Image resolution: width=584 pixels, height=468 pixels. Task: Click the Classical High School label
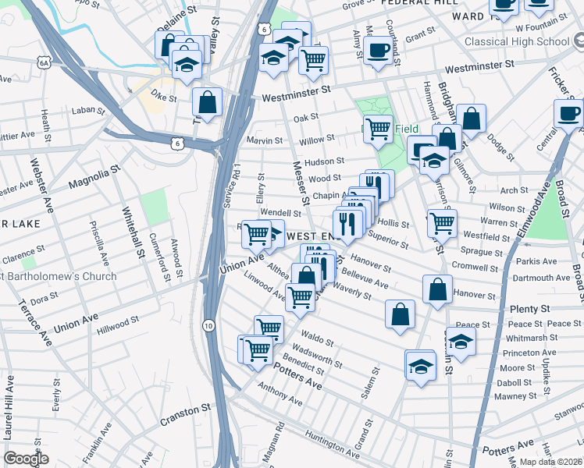click(x=516, y=41)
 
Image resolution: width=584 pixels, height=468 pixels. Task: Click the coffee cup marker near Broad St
click(x=568, y=113)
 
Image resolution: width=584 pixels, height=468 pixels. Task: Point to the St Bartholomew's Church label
click(x=58, y=276)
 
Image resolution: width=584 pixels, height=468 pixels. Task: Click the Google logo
click(x=26, y=459)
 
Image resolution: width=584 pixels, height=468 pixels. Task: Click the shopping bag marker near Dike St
click(x=207, y=102)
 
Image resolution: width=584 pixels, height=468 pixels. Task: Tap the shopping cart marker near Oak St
click(x=378, y=129)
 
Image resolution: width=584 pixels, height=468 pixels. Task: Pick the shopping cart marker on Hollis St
click(x=442, y=223)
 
